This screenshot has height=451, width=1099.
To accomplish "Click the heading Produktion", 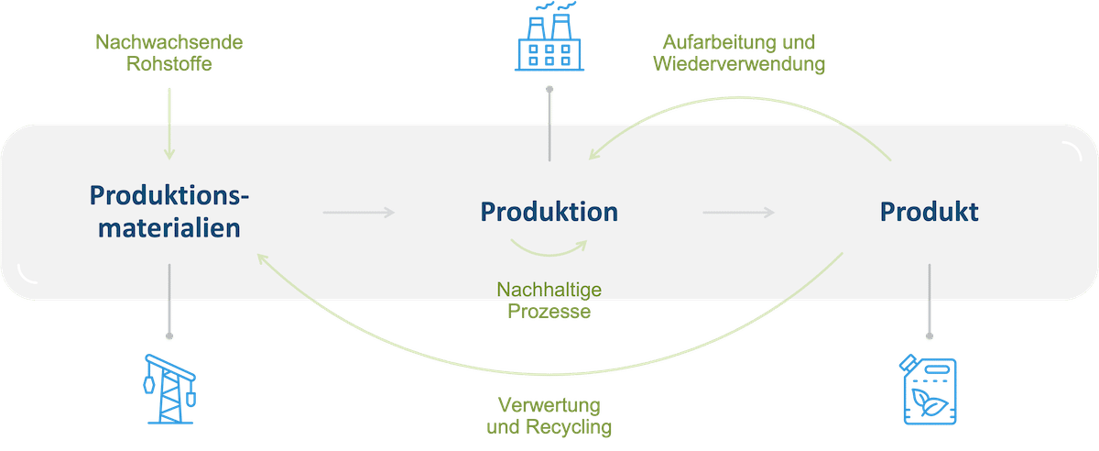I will (x=549, y=212).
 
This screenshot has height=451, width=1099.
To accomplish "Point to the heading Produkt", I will (x=929, y=212).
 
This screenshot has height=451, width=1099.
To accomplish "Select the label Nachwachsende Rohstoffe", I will (x=169, y=54).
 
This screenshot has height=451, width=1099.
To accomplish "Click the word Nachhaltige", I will (x=549, y=291).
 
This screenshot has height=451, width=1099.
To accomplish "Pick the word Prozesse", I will (x=549, y=312).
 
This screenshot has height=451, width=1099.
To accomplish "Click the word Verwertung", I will (x=549, y=405).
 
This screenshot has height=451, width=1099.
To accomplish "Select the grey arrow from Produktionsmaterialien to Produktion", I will (x=358, y=213).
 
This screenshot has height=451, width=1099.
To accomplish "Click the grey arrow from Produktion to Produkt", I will (x=738, y=213).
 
